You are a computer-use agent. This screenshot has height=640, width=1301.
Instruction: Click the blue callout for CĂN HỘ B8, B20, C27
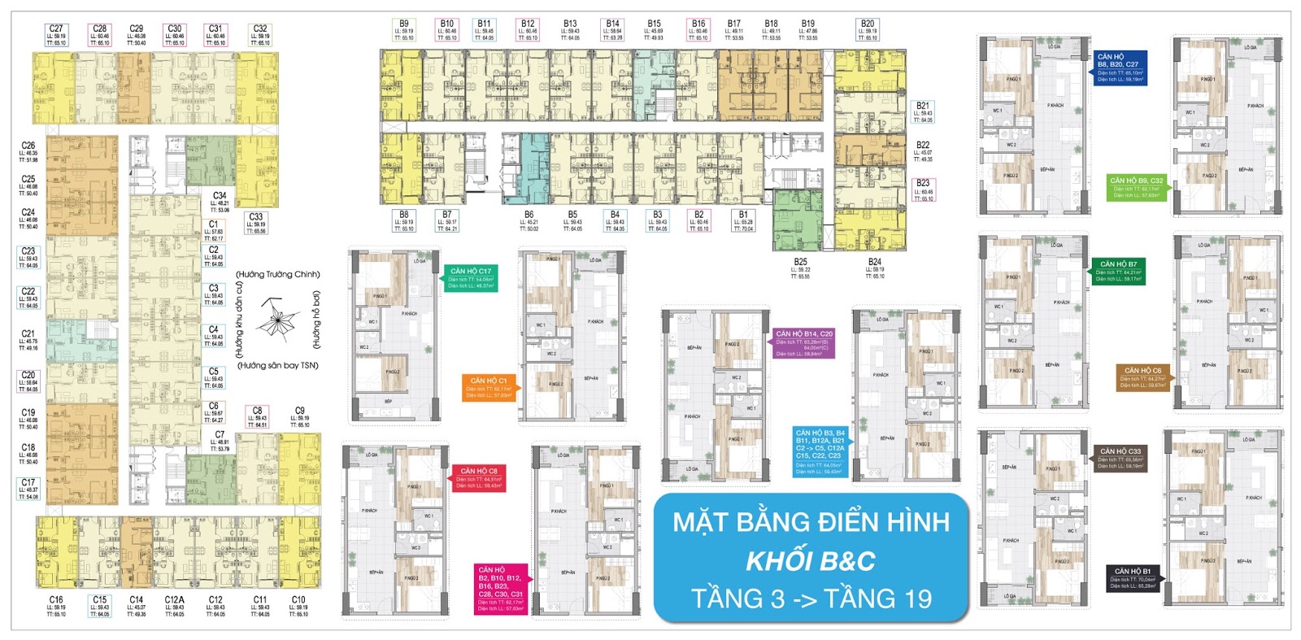[x=1120, y=68]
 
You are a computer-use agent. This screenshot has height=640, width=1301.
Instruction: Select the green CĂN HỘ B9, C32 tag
[x=1137, y=187]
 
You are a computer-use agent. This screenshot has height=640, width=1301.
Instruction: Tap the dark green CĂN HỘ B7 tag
[x=1119, y=272]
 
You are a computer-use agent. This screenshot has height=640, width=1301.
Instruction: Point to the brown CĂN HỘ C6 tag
[x=1142, y=377]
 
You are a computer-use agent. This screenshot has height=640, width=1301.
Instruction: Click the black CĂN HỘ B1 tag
[x=1133, y=578]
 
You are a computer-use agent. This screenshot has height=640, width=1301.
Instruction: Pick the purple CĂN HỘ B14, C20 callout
[x=803, y=343]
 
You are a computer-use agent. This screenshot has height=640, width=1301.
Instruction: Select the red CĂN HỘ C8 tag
[x=479, y=478]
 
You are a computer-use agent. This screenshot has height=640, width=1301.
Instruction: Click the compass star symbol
[x=278, y=318]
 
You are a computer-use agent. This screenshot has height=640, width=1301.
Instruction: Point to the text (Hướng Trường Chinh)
[x=278, y=274]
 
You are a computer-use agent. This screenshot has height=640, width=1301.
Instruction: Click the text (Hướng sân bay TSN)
[x=278, y=366]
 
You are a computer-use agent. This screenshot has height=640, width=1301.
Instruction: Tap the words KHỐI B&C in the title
[x=811, y=561]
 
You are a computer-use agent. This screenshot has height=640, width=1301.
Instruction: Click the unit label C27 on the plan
[x=56, y=28]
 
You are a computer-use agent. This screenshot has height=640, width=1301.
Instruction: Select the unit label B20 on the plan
[x=868, y=24]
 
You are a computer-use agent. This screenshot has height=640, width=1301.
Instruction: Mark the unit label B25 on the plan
[x=800, y=263]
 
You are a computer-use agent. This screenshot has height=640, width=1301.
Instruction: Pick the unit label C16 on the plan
[x=56, y=600]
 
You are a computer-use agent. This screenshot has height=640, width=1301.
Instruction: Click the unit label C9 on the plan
[x=300, y=411]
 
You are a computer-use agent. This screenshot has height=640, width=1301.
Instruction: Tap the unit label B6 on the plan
[x=529, y=215]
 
